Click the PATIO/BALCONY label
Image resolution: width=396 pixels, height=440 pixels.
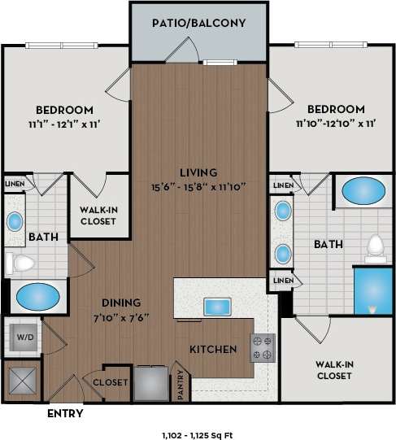click(x=199, y=23)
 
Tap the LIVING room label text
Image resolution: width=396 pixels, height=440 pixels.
click(x=199, y=172)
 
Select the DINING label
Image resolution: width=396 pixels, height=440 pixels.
click(x=121, y=301)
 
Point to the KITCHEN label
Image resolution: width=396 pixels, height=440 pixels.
click(x=213, y=350)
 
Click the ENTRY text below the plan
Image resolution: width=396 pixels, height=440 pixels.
click(x=64, y=414)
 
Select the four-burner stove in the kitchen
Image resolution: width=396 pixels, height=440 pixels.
click(x=263, y=347)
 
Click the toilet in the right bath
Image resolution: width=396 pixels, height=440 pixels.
click(x=375, y=246)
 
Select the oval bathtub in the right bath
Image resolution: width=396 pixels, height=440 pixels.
click(x=363, y=191)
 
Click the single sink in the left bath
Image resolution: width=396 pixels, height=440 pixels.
click(x=15, y=221)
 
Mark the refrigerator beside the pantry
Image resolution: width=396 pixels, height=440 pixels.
click(x=151, y=382)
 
